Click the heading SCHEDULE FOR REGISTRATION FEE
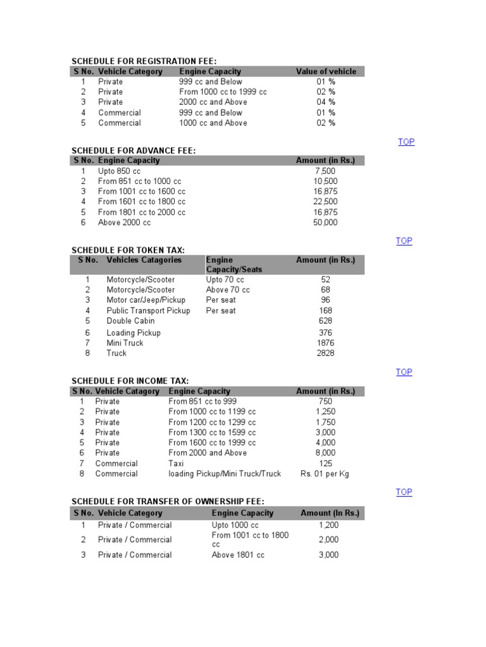click(x=144, y=61)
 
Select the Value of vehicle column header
click(x=326, y=71)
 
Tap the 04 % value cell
click(x=326, y=102)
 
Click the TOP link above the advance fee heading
click(x=406, y=142)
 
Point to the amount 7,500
click(x=325, y=171)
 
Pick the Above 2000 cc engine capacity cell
click(x=125, y=222)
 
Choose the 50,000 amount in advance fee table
click(x=325, y=222)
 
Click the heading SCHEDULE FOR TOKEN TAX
click(x=128, y=250)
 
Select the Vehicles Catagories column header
click(x=144, y=260)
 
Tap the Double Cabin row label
click(x=130, y=320)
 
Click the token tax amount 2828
click(x=325, y=353)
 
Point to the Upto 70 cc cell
click(x=225, y=279)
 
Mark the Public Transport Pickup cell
click(x=148, y=310)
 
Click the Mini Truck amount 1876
click(x=325, y=342)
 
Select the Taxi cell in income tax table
click(x=176, y=463)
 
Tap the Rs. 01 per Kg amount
click(x=325, y=473)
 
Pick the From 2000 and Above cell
click(x=208, y=452)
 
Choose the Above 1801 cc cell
click(x=238, y=555)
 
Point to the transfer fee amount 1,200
click(x=329, y=525)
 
